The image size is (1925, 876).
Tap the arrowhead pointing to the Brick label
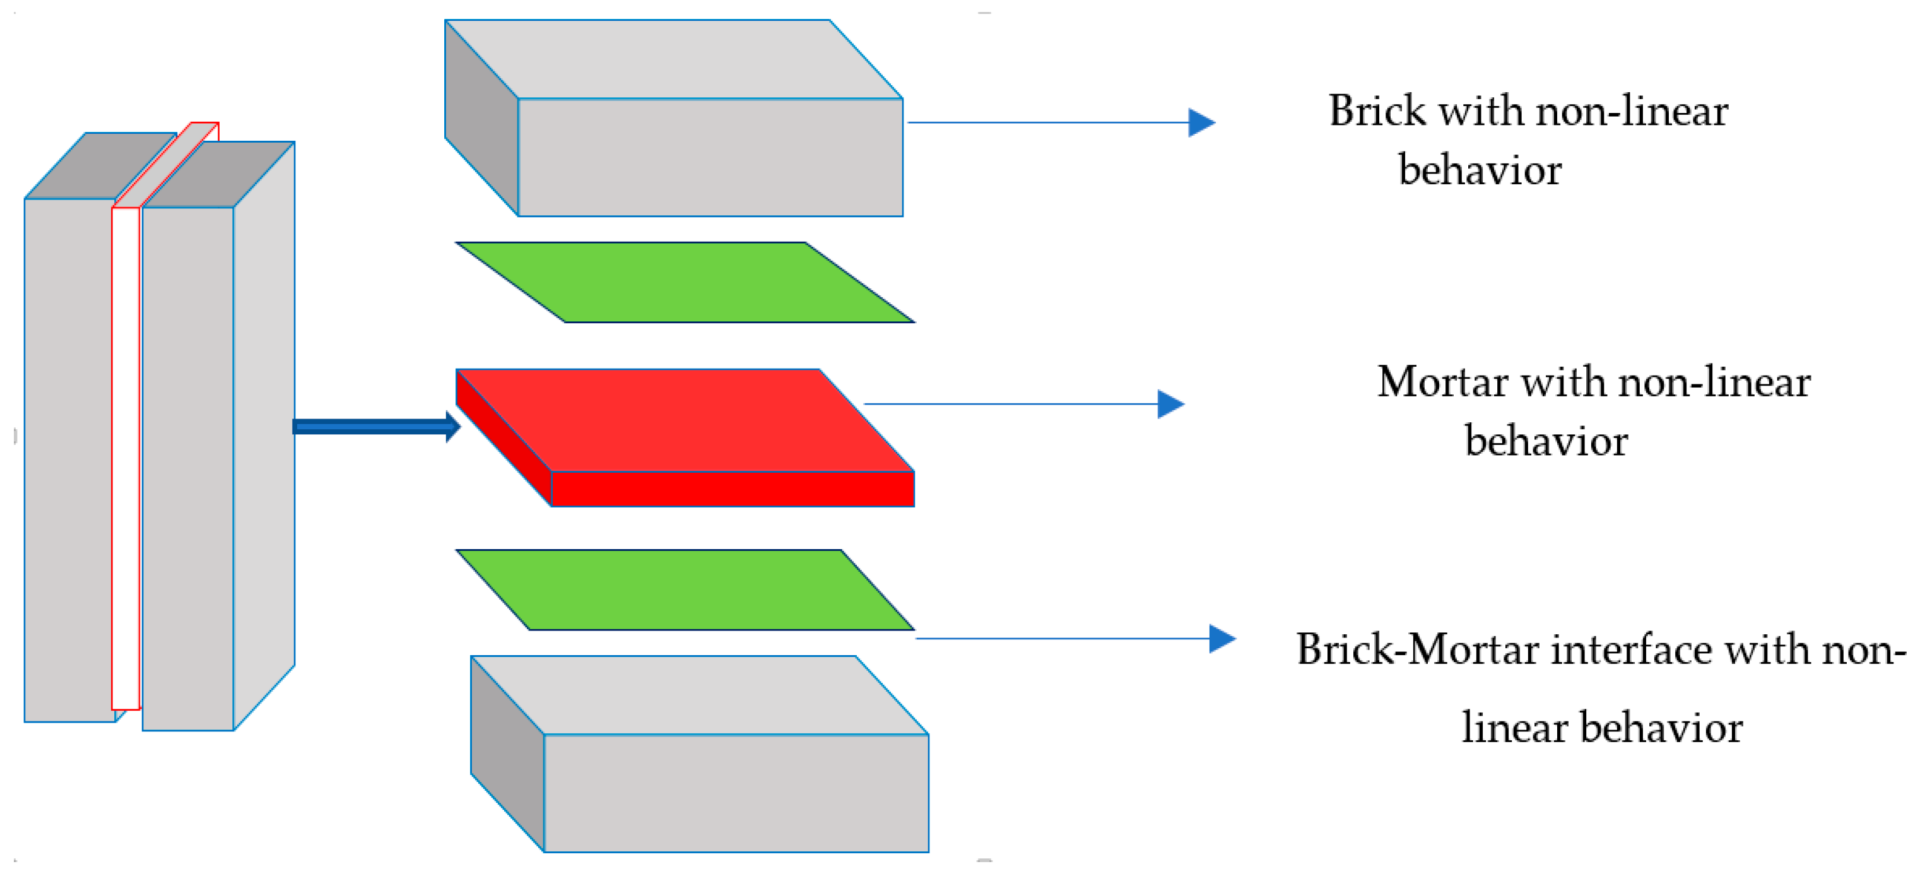1201,122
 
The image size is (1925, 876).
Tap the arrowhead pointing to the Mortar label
1170,405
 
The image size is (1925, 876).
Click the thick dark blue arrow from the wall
374,427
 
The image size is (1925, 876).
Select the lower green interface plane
684,589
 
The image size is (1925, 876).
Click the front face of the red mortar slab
733,490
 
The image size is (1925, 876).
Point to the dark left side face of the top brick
481,119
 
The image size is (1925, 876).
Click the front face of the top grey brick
710,158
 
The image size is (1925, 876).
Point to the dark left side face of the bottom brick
507,754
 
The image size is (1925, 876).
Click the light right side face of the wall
264,434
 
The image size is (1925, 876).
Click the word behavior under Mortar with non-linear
1545,442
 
